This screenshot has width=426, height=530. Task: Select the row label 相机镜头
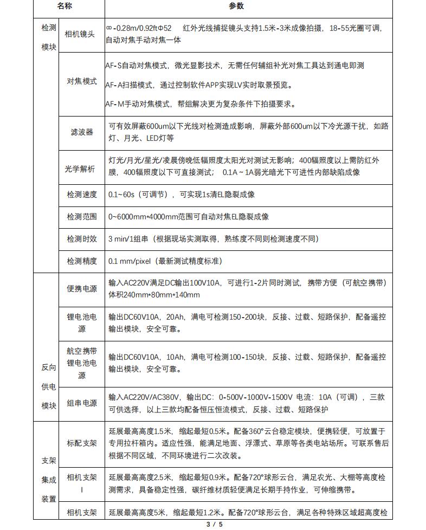pyautogui.click(x=80, y=34)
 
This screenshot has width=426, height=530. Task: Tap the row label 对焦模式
pyautogui.click(x=82, y=81)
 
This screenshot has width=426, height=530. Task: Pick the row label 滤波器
pyautogui.click(x=82, y=132)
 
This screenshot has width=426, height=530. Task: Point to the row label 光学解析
pyautogui.click(x=80, y=169)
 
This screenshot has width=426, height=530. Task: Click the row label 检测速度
pyautogui.click(x=82, y=194)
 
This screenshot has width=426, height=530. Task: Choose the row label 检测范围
pyautogui.click(x=82, y=216)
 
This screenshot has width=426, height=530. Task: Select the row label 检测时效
pyautogui.click(x=82, y=238)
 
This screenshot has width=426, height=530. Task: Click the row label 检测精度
pyautogui.click(x=82, y=261)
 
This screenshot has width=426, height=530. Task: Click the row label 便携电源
pyautogui.click(x=82, y=289)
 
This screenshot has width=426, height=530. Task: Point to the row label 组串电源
pyautogui.click(x=82, y=403)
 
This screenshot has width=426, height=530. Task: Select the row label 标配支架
pyautogui.click(x=82, y=443)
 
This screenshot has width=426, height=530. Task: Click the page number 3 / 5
pyautogui.click(x=214, y=524)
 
